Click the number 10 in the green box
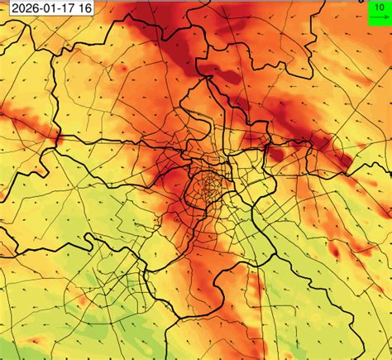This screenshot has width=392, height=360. pos(377,7)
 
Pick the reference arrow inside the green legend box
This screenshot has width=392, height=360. pos(377,15)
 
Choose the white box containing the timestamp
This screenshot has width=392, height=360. pos(47,9)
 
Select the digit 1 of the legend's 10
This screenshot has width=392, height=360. pos(375,7)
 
